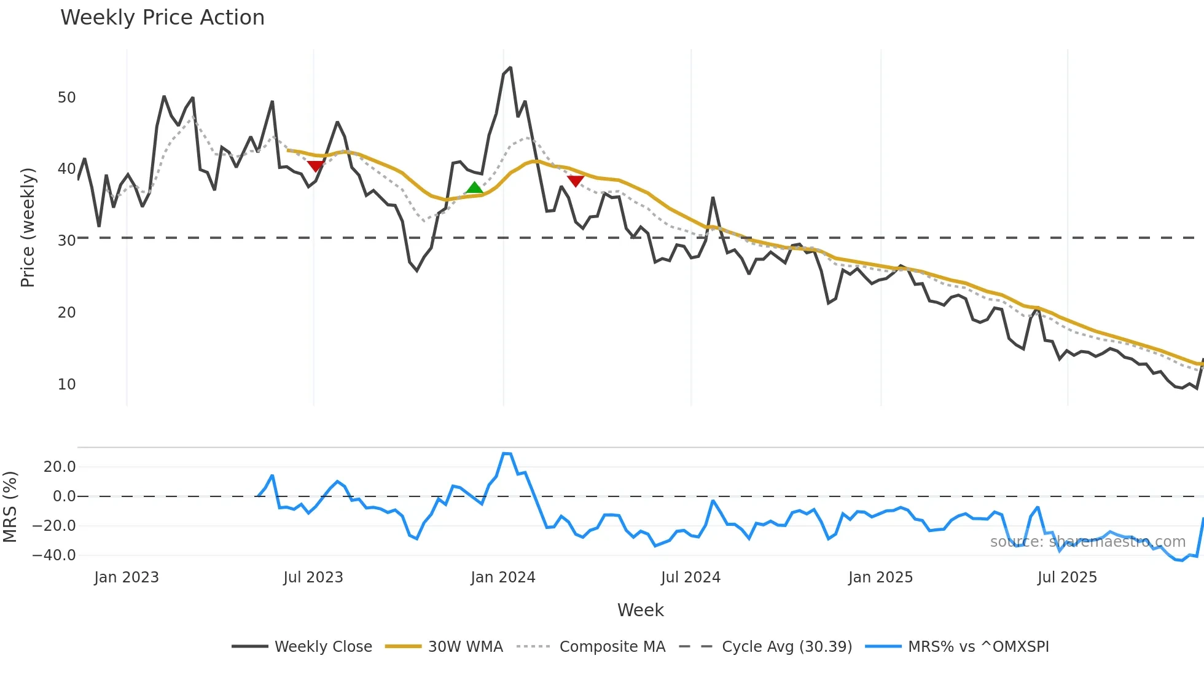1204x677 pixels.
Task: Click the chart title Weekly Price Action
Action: tap(162, 18)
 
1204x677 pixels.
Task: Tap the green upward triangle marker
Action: tap(474, 188)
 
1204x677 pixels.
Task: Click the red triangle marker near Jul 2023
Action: tap(315, 166)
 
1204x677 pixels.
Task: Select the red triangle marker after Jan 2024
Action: tap(575, 181)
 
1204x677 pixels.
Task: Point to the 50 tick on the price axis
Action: tap(66, 98)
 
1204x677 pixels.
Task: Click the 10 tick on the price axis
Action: tap(66, 385)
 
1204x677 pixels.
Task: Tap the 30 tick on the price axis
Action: tap(66, 241)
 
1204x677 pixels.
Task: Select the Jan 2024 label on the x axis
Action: tap(502, 577)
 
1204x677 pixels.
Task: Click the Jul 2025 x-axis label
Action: tap(1066, 577)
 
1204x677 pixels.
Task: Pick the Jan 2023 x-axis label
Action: tap(126, 577)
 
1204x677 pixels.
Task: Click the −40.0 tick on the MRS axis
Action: tap(53, 555)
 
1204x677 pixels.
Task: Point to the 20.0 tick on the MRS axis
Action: tap(59, 467)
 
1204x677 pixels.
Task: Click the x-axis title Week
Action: tap(640, 610)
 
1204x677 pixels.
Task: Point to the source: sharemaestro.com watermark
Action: tap(1087, 542)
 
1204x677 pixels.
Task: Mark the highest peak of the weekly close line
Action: tap(510, 68)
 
